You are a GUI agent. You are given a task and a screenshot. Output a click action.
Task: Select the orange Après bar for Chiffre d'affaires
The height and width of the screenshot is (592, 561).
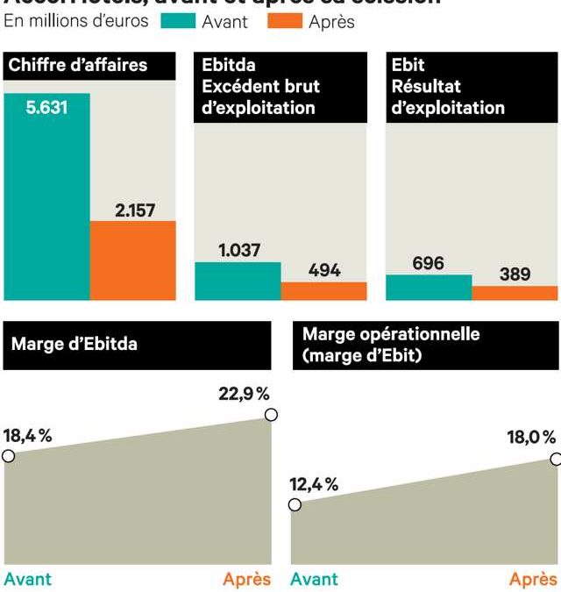point(132,260)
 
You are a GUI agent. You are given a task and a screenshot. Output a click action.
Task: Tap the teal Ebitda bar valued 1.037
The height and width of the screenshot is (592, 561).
point(237,281)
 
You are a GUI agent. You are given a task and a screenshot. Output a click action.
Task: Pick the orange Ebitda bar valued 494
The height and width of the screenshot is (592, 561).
point(323,291)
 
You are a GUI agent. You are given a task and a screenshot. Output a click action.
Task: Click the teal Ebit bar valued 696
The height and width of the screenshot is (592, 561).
point(429,287)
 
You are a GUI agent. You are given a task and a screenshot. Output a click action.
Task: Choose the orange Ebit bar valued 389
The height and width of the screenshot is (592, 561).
point(515,293)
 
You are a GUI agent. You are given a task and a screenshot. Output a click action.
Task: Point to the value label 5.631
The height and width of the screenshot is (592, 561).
point(46,109)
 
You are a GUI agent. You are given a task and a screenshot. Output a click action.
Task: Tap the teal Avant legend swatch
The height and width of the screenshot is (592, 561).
point(178,21)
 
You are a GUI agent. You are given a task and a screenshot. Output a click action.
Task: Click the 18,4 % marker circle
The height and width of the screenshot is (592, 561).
point(9,455)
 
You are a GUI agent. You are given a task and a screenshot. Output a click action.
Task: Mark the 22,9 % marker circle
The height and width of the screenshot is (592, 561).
point(271,415)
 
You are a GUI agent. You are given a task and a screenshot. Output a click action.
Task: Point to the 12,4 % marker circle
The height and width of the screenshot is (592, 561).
point(295,504)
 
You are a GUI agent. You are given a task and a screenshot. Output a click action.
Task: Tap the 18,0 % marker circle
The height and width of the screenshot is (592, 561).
point(556,458)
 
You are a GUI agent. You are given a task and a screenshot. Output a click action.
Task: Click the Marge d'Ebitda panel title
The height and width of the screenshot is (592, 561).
point(75,345)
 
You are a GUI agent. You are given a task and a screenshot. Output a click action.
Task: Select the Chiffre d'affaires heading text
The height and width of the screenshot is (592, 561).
point(77,65)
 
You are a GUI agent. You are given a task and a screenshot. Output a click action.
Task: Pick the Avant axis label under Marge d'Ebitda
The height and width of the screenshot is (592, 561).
point(28,579)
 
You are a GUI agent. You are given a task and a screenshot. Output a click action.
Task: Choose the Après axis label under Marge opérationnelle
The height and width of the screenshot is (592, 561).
point(533,579)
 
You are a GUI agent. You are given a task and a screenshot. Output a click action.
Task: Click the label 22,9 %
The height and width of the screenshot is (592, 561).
point(244,394)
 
